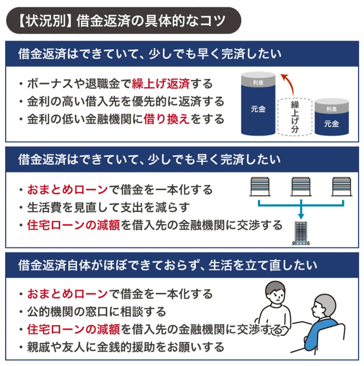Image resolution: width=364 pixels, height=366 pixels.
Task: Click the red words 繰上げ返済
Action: point(161,84)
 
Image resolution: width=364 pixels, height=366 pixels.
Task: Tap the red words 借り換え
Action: point(167,119)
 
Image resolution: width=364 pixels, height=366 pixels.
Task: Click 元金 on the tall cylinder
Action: point(258,109)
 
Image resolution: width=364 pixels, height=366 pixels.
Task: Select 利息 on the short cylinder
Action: point(331,109)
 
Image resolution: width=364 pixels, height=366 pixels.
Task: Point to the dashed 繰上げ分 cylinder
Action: point(295,117)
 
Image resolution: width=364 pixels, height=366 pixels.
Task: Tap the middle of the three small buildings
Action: point(301,187)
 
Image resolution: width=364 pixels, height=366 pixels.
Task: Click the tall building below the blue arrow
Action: point(301,233)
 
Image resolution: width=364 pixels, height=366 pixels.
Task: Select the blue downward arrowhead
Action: point(301,216)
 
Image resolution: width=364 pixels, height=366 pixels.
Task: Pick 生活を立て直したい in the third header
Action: point(263,265)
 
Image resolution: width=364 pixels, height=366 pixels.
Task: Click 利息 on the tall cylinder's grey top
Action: point(258,82)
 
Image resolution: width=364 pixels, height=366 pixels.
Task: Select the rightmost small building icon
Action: point(342,187)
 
